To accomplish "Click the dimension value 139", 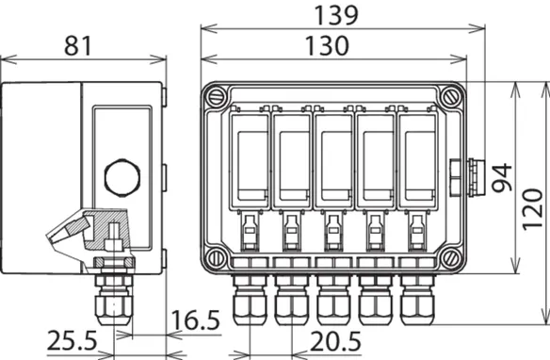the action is (336, 15).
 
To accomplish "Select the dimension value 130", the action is (327, 45).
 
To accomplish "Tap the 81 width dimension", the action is (78, 45).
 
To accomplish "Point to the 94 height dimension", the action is (502, 177).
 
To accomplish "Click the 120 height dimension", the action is (532, 209).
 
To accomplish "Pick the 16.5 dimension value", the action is (195, 320).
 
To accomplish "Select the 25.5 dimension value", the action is (72, 341).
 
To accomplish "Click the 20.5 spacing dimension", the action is (335, 341).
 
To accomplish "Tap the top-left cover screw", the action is (216, 96).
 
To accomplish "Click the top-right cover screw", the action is (449, 96).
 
